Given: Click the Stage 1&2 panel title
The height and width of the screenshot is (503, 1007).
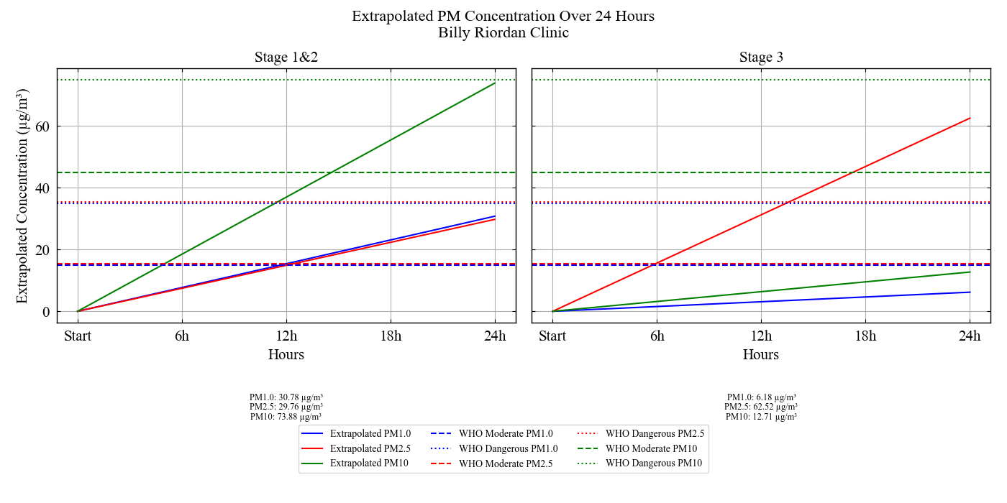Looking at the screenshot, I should [x=286, y=57].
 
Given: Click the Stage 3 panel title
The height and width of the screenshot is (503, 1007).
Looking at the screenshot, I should [x=761, y=57].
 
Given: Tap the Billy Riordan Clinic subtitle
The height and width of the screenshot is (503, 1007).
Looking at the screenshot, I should [x=503, y=32].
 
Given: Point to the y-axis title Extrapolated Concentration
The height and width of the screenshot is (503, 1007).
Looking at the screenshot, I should [x=22, y=195].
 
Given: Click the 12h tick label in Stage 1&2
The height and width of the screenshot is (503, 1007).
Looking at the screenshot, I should [x=286, y=336].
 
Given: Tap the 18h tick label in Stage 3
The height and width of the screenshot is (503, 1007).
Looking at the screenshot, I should [x=865, y=336].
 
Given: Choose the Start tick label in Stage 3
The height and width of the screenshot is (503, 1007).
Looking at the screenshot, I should [x=552, y=336].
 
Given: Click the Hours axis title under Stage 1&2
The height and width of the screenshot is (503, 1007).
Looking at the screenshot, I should [x=286, y=354].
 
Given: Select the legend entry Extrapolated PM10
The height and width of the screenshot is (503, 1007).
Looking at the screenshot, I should [x=369, y=463].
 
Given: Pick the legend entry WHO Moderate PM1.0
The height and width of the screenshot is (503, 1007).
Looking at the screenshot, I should [x=506, y=433].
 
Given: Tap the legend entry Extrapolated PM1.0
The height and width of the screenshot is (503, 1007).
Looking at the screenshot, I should [x=370, y=433].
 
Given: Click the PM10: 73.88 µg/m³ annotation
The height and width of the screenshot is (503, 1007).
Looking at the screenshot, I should [x=286, y=416].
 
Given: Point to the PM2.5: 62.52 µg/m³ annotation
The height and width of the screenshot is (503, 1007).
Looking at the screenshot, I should [x=761, y=407].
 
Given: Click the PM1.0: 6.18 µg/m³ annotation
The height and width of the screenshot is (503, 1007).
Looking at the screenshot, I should [x=761, y=397].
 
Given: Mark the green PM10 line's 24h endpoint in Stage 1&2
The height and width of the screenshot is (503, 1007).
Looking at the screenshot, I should [x=495, y=83].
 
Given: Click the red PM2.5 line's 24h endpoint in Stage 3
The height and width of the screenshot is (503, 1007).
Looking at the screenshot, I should [x=970, y=118].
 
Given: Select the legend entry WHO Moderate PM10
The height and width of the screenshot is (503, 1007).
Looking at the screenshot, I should [x=651, y=448].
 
